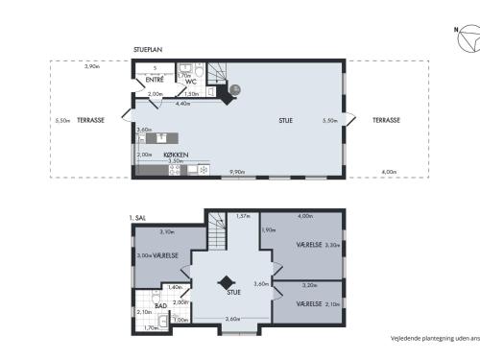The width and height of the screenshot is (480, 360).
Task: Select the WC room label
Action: (x=192, y=82)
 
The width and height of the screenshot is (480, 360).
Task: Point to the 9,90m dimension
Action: (x=237, y=173)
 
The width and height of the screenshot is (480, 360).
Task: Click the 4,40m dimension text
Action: (x=181, y=103)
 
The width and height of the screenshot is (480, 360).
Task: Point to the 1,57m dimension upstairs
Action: (x=243, y=216)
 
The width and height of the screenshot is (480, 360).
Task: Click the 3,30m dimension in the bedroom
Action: (x=332, y=246)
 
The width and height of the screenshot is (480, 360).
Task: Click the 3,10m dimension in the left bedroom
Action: (x=166, y=231)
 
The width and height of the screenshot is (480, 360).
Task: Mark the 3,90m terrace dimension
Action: (x=91, y=66)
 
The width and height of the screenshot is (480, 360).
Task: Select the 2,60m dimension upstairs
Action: (x=232, y=318)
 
